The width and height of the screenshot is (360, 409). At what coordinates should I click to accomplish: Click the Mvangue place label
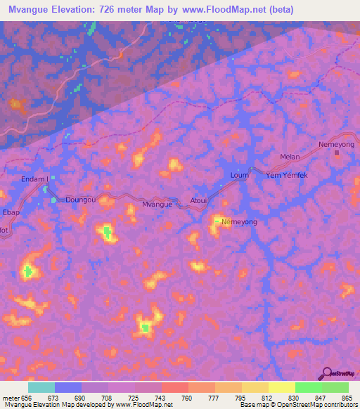click(157, 204)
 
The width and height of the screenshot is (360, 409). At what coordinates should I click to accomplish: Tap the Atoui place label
click(199, 199)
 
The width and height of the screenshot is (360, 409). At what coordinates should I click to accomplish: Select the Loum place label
click(239, 175)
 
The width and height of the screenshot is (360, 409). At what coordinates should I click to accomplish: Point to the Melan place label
click(290, 157)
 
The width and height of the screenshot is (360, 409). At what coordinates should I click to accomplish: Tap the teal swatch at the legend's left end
click(41, 387)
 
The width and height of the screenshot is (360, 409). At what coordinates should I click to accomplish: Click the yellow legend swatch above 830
click(282, 387)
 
